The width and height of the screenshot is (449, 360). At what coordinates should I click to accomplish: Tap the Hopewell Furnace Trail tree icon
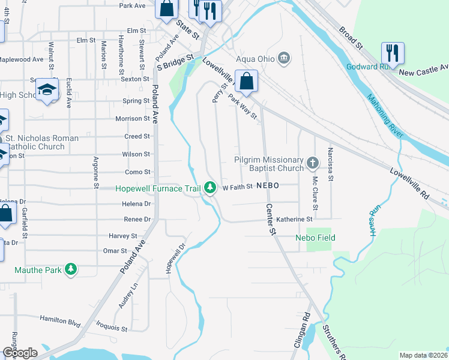(209, 188)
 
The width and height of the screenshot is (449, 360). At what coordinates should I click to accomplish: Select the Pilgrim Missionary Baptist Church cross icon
(312, 163)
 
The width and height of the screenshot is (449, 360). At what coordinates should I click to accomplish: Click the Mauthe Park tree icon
(71, 269)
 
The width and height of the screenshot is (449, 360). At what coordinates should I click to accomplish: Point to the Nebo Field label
(315, 238)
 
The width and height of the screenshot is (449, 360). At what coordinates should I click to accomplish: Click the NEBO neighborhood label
(267, 186)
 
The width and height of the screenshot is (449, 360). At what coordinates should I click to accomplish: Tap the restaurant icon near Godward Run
(393, 53)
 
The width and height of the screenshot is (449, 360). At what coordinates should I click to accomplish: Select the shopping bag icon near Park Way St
(246, 80)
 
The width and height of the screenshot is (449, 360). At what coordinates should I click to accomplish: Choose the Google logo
(20, 353)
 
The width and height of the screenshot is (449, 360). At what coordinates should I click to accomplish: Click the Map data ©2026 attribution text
(424, 355)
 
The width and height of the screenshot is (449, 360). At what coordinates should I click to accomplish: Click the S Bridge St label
(175, 63)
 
